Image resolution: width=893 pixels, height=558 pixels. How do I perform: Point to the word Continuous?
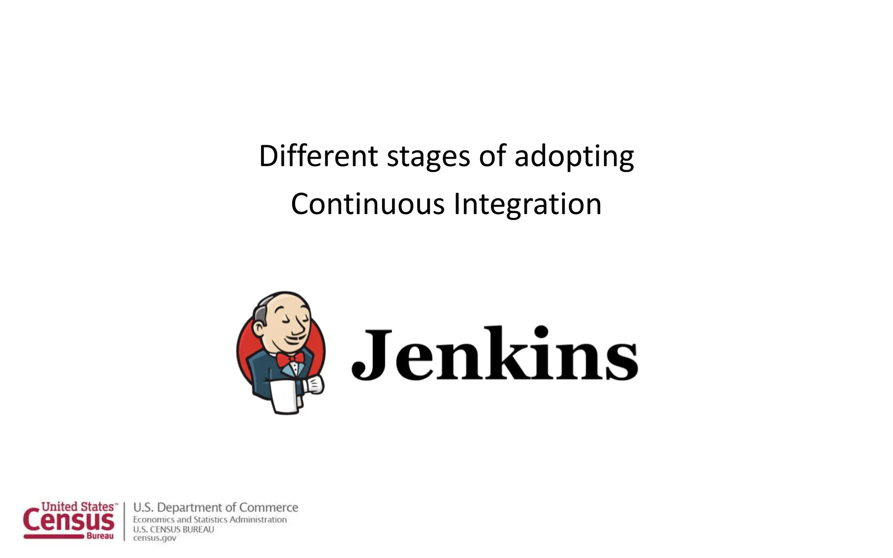click(x=368, y=204)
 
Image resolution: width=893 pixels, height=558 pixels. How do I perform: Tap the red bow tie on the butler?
click(x=290, y=359)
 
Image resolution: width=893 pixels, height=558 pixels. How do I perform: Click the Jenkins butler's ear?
click(x=261, y=327)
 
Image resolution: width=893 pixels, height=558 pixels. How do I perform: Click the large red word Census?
click(x=69, y=521)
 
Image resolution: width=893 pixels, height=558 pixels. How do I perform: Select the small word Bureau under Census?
click(x=100, y=536)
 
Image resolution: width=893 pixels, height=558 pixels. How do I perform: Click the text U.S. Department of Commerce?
click(x=215, y=507)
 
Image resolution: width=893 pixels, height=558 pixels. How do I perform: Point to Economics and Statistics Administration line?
click(x=210, y=520)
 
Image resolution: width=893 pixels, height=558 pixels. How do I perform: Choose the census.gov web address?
click(x=155, y=538)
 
